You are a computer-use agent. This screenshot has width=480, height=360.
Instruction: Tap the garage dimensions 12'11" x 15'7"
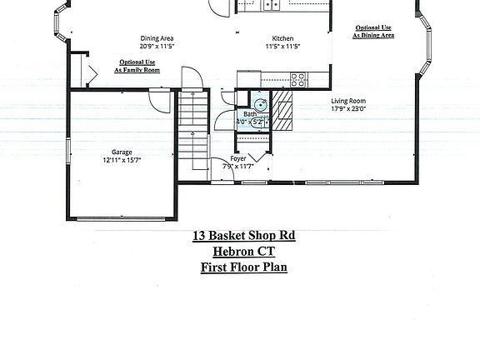pyautogui.click(x=122, y=160)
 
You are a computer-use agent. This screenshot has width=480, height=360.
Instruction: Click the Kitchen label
pyautogui.click(x=282, y=38)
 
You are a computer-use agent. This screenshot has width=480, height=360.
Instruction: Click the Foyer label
pyautogui.click(x=238, y=157)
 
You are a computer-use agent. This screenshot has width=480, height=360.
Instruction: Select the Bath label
pyautogui.click(x=249, y=114)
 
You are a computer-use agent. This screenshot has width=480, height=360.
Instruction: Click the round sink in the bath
pyautogui.click(x=261, y=105)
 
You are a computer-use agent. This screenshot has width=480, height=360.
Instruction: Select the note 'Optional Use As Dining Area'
pyautogui.click(x=372, y=32)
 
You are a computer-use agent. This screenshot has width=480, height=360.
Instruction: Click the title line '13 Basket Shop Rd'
pyautogui.click(x=243, y=236)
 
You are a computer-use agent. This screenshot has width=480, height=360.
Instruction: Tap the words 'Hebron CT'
pyautogui.click(x=243, y=252)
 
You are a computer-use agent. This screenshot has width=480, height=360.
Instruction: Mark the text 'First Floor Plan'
pyautogui.click(x=243, y=267)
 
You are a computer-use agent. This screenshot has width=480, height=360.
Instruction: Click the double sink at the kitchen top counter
pyautogui.click(x=272, y=5)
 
